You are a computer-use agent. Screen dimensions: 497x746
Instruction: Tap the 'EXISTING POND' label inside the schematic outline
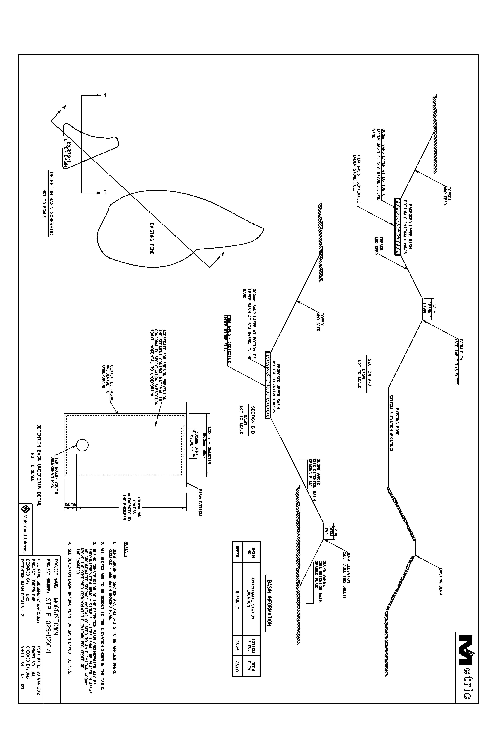tap(151, 239)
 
